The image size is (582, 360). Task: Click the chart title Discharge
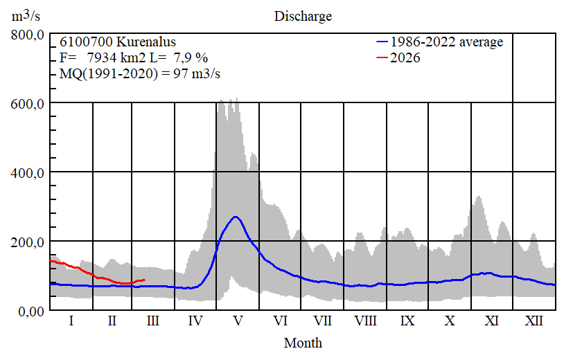[303, 16]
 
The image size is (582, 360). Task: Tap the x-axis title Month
[303, 342]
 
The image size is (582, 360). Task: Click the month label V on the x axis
[238, 321]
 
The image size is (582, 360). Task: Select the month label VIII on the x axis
[365, 321]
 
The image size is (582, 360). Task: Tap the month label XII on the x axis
[533, 321]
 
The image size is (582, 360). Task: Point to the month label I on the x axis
[71, 321]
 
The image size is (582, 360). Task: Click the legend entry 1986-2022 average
[446, 42]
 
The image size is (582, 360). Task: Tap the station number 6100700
[82, 42]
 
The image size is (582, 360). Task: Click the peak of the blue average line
[236, 217]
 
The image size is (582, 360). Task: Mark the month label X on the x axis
[450, 321]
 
